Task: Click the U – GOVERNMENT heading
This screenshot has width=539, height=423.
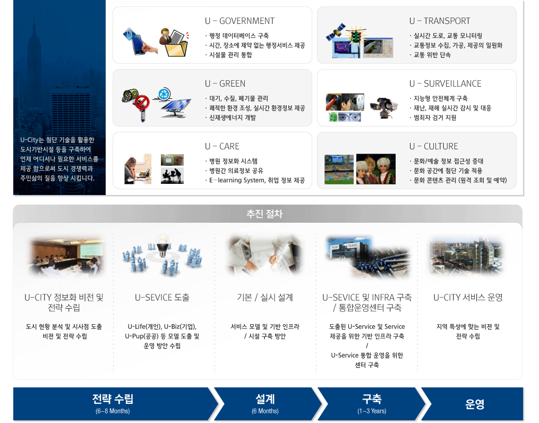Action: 239,21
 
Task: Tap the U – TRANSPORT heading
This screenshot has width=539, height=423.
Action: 440,21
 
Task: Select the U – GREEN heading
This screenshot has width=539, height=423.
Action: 225,83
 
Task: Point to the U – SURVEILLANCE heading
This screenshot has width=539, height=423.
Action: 445,83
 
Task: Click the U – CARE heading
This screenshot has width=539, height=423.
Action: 222,146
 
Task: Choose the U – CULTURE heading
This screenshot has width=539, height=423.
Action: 433,146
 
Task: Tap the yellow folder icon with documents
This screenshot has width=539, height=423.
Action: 175,43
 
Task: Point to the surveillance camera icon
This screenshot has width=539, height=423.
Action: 383,107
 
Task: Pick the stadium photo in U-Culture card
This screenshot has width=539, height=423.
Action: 339,169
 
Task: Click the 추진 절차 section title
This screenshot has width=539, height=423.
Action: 264,214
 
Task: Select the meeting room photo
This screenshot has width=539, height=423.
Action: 65,256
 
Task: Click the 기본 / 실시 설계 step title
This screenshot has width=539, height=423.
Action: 264,297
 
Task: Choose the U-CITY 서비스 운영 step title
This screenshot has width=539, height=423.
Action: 468,297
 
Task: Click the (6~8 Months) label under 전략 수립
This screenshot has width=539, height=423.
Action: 113,411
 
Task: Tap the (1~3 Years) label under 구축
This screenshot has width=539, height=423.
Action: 372,411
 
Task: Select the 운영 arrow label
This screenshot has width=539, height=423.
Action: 475,404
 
